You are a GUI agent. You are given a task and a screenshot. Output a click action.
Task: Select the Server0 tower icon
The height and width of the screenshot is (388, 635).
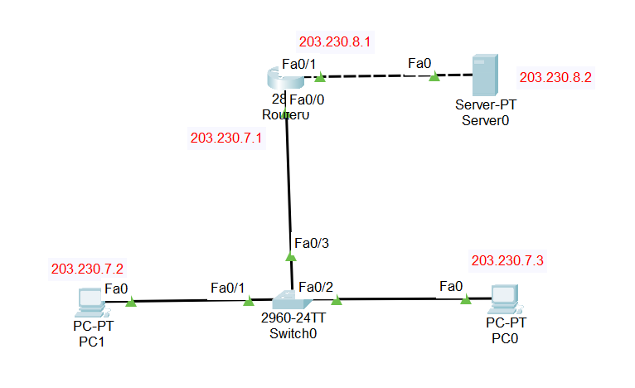click(482, 75)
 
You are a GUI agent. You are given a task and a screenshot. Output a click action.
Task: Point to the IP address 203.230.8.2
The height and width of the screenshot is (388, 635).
click(555, 78)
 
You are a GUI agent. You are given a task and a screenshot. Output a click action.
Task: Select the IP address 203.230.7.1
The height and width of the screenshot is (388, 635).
click(226, 138)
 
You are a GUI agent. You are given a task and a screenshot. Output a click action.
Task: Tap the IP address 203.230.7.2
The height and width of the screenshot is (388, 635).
click(87, 269)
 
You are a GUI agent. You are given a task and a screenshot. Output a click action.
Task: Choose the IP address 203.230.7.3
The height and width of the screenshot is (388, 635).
click(507, 260)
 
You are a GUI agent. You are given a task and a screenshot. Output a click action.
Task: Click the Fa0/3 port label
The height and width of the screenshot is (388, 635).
click(313, 243)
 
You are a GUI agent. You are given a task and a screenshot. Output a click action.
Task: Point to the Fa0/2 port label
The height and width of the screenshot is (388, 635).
click(315, 287)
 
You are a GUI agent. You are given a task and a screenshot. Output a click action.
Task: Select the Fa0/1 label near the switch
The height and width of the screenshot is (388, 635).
click(228, 287)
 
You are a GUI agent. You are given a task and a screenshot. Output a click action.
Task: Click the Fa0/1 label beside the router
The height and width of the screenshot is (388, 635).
click(299, 63)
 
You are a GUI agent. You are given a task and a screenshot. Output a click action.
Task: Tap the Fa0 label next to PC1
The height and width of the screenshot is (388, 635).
click(116, 289)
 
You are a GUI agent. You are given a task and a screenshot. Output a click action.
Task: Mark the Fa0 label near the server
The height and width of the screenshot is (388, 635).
click(419, 63)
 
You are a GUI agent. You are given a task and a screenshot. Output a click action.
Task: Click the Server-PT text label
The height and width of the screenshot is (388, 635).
click(482, 105)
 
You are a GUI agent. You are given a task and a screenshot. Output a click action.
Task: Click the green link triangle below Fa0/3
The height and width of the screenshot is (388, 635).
click(290, 258)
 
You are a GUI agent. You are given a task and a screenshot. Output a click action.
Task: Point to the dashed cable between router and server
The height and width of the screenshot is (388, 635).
click(377, 76)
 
